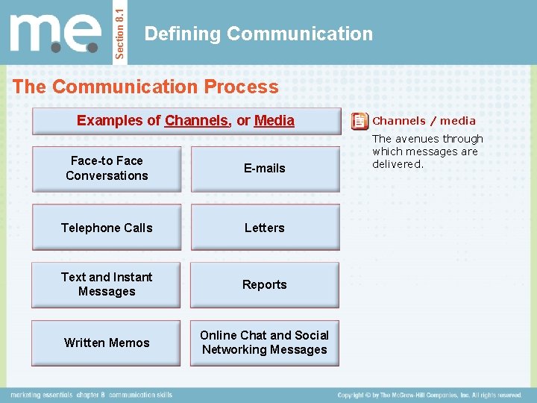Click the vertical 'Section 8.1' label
(122, 33)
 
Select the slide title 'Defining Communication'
(258, 34)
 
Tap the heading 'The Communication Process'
(145, 87)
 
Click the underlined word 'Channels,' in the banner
(198, 120)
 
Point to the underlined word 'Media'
(274, 120)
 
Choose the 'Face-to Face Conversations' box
(107, 169)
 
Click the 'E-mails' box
(265, 169)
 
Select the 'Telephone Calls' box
(107, 228)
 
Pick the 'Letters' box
(265, 228)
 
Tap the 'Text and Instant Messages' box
(107, 284)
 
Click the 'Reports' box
(265, 284)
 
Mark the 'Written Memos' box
(107, 343)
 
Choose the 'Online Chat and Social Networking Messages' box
(265, 343)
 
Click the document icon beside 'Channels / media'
(359, 121)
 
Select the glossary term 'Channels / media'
(424, 121)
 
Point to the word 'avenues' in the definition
(417, 139)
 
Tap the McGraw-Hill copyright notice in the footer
(429, 395)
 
